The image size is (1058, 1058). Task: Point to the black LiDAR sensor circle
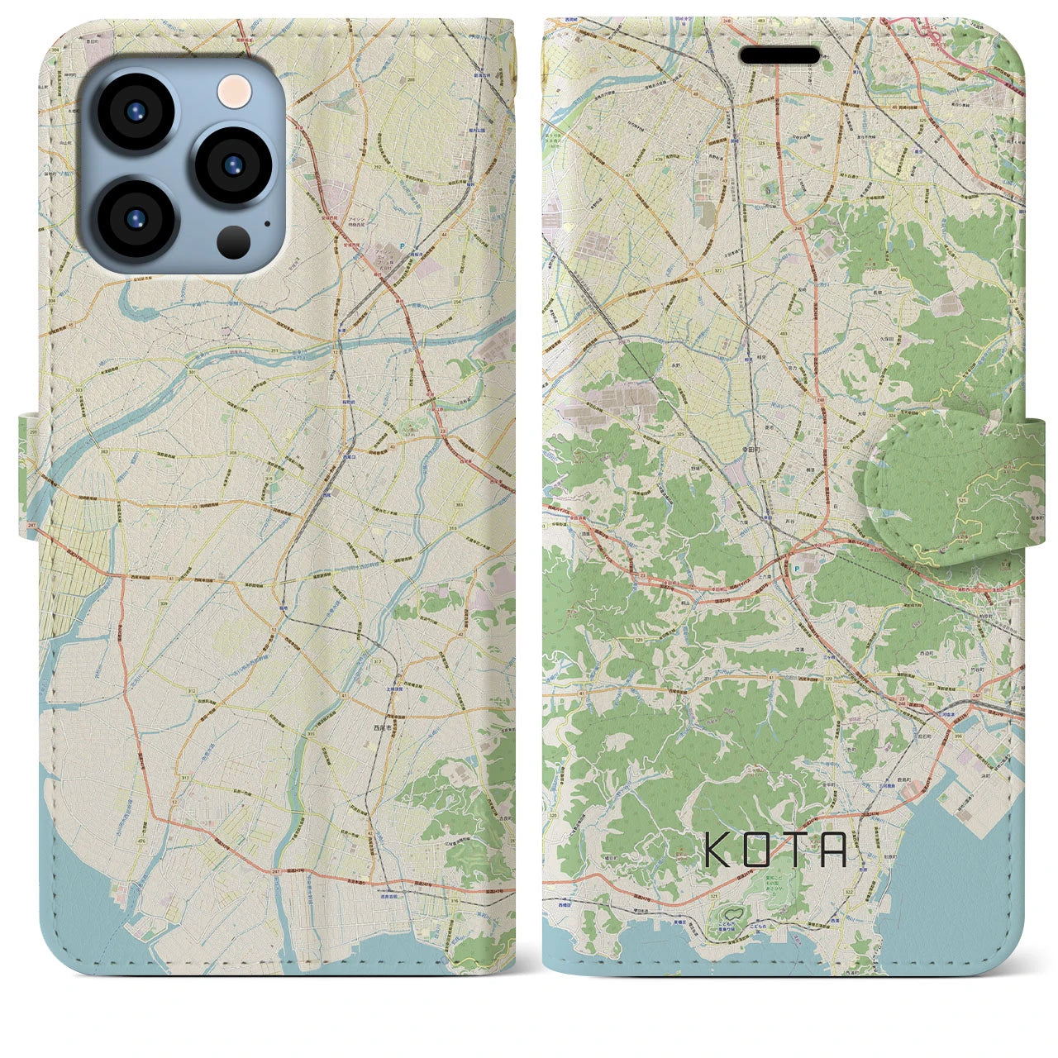coord(234,241)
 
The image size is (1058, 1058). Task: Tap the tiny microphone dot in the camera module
coord(266,222)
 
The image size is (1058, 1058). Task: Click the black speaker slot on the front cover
coord(779,55)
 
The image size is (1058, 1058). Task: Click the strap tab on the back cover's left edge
coord(29,477)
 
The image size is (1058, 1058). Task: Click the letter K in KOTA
coord(716,849)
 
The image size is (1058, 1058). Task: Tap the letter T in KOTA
coord(796,849)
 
